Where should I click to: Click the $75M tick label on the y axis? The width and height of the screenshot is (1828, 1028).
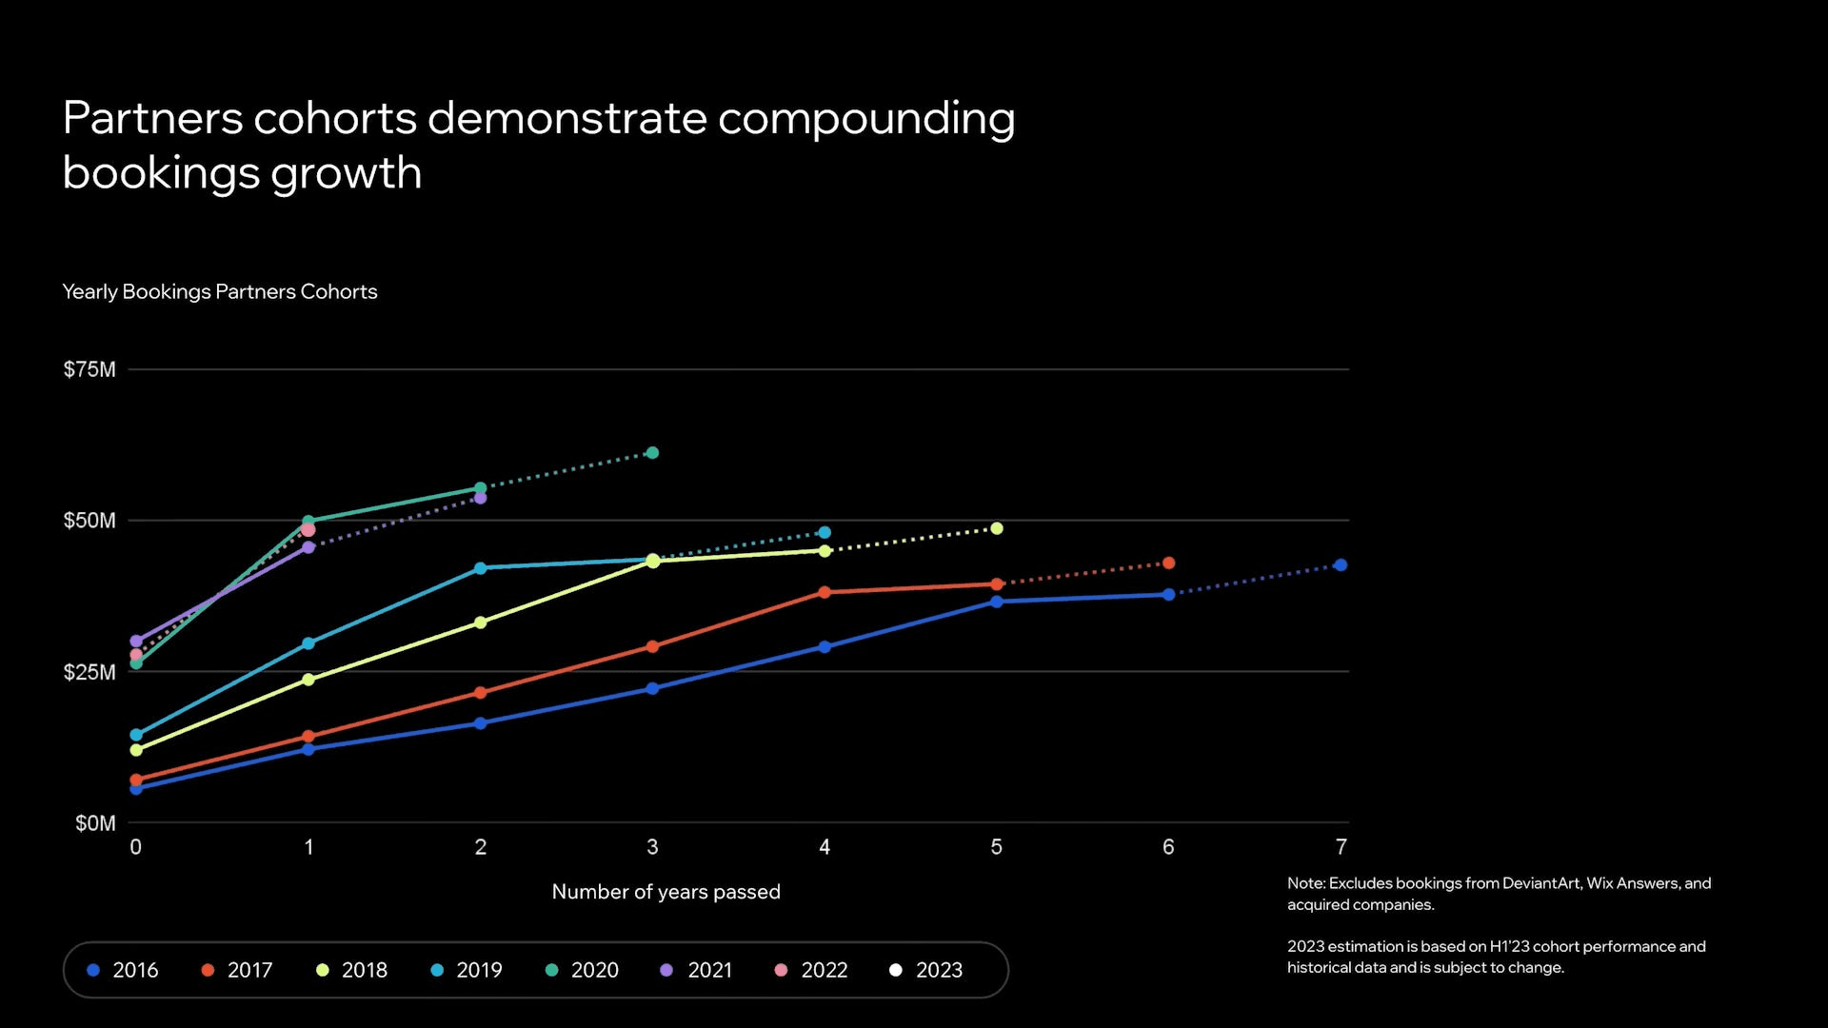(89, 369)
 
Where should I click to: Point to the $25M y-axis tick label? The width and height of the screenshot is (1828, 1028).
(89, 672)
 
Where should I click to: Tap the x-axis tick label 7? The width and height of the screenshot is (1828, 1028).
(1341, 846)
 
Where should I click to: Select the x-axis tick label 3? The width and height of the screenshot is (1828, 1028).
(652, 846)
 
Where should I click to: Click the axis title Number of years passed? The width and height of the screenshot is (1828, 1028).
(666, 892)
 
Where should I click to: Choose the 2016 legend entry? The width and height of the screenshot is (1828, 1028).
(123, 970)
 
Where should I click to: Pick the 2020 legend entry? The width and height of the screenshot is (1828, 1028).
(582, 970)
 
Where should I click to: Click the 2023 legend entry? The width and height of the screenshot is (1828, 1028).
(926, 970)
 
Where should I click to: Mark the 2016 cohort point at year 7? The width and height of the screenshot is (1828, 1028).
(1341, 565)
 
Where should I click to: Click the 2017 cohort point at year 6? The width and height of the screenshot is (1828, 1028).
(1168, 563)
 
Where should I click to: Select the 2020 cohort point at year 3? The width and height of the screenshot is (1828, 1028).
(652, 453)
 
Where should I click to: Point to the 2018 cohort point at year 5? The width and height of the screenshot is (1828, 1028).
(997, 528)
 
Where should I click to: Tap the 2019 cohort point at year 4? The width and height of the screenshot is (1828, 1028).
(825, 533)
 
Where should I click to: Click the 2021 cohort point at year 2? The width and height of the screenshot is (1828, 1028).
(480, 498)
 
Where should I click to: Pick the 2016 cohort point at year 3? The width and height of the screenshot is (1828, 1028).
(652, 688)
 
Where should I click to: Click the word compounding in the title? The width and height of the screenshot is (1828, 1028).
(866, 119)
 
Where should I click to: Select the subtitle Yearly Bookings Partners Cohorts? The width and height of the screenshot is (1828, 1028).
(219, 291)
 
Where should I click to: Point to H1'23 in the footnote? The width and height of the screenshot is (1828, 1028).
(1509, 946)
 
